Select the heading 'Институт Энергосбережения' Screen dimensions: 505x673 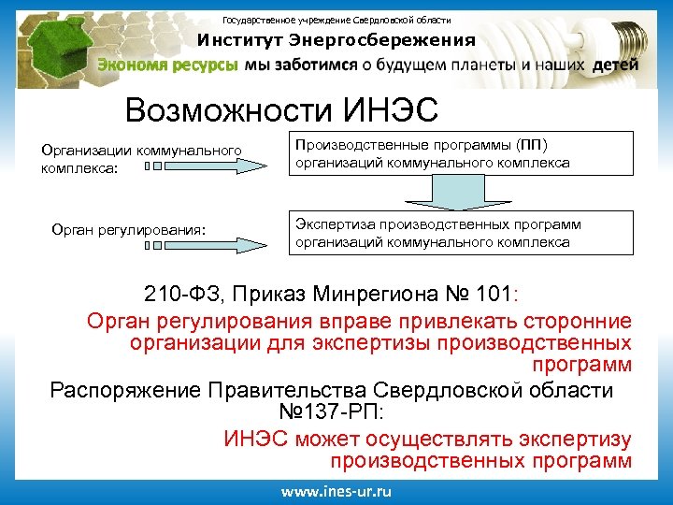pos(336,40)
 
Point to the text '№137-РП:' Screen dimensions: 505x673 pos(331,412)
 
